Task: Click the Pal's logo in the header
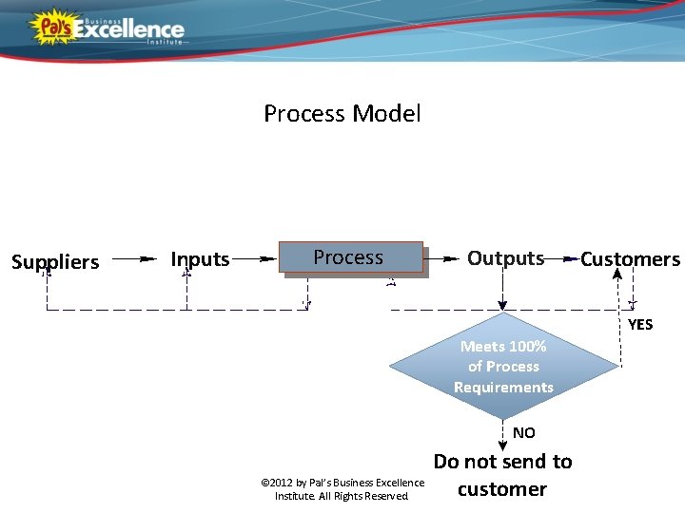pos(52,26)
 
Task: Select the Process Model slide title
pos(342,114)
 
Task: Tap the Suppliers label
pos(55,261)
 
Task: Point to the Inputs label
pos(200,258)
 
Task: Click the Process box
pos(351,257)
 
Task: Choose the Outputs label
pos(505,258)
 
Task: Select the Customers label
pos(630,259)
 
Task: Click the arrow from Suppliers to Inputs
pos(134,257)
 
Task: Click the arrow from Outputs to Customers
pos(563,258)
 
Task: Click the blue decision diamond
pos(503,366)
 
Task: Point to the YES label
pos(640,324)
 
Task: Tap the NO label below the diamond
pos(523,432)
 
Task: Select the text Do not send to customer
pos(502,475)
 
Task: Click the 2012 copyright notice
pos(342,489)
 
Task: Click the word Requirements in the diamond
pos(503,387)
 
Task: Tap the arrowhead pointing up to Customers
pos(617,275)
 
